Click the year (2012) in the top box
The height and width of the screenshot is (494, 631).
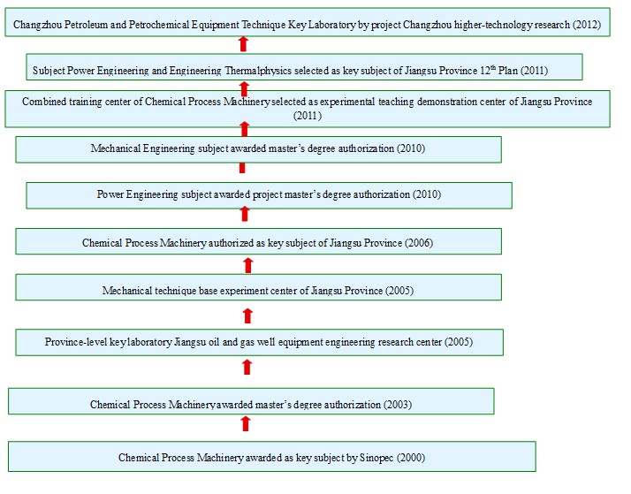(587, 25)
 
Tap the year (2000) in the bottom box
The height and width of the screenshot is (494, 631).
(411, 458)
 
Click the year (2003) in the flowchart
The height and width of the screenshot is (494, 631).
(398, 404)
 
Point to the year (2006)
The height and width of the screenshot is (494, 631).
(419, 243)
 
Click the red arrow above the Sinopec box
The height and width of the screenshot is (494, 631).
(246, 423)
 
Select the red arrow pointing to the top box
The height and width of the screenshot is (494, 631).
(243, 44)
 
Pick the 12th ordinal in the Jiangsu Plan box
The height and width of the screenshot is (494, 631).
(488, 70)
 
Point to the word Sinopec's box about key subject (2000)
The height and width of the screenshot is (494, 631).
(272, 457)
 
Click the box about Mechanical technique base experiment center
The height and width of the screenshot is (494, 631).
(258, 287)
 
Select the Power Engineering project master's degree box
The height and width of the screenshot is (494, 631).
(270, 195)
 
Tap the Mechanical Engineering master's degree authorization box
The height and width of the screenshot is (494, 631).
(258, 149)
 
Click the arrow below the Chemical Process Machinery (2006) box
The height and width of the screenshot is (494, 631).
(247, 265)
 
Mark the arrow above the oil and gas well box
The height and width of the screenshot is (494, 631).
(247, 316)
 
